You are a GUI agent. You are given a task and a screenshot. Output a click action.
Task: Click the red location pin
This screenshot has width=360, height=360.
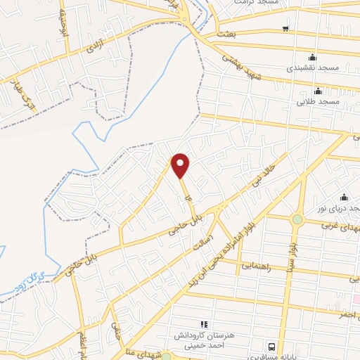pyautogui.click(x=181, y=165)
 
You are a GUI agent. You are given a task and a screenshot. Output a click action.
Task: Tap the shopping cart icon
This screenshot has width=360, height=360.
pyautogui.click(x=285, y=29)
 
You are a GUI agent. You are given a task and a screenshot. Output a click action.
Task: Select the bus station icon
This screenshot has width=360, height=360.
pyautogui.click(x=271, y=347)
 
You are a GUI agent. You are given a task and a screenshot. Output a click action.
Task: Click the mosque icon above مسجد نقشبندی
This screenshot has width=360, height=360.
pyautogui.click(x=313, y=58)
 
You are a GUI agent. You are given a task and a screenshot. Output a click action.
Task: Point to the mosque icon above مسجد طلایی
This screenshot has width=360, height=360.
pyautogui.click(x=318, y=90)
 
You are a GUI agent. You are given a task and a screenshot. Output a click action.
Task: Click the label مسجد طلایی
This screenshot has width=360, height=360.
pyautogui.click(x=318, y=102)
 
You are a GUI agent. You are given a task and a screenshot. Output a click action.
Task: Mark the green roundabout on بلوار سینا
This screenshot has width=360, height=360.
pyautogui.click(x=297, y=219)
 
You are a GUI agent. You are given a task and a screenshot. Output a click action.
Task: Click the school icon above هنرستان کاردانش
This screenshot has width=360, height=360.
pyautogui.click(x=205, y=324)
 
